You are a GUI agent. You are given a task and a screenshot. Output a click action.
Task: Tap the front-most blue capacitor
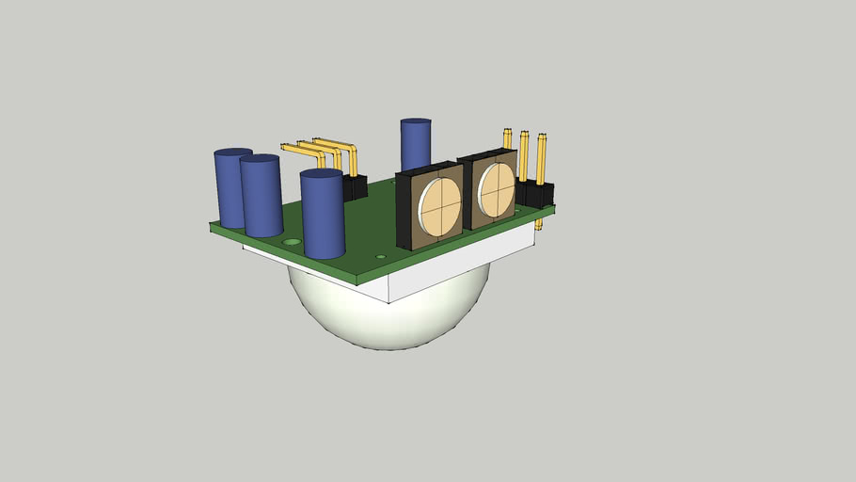[323, 221]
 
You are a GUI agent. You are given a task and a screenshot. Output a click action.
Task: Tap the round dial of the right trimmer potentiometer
[496, 187]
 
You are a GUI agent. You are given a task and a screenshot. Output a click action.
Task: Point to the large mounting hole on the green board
[293, 242]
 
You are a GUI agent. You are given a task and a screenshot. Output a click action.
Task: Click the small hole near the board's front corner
[380, 256]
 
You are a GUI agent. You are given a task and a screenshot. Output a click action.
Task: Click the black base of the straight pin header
[536, 195]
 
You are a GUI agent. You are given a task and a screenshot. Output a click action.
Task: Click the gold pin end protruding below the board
[539, 226]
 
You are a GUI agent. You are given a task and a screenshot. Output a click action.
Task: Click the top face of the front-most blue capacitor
[321, 174]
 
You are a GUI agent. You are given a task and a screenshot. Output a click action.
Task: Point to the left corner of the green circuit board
[212, 225]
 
